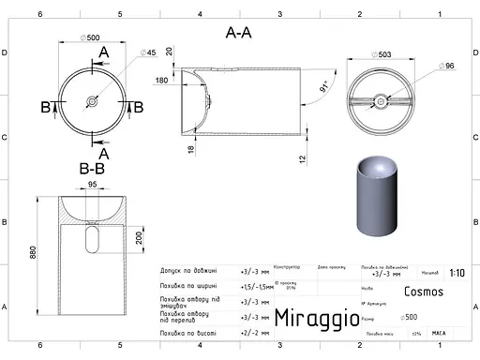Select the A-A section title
[238, 32]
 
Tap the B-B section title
[92, 170]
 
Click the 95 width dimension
[92, 186]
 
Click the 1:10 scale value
[457, 274]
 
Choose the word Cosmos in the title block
[424, 292]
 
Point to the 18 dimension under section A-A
[189, 148]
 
